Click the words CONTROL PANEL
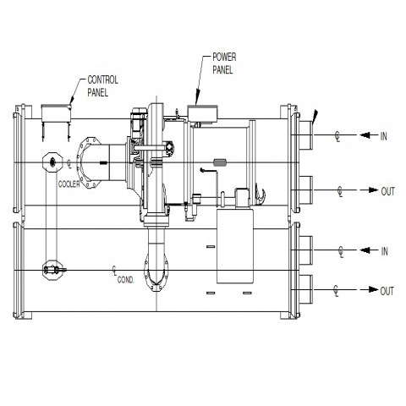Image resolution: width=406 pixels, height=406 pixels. [x=102, y=86]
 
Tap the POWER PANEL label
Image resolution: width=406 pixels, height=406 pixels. [x=224, y=63]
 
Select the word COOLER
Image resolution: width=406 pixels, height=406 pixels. [x=69, y=184]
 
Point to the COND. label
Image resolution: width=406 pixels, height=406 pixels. [x=126, y=280]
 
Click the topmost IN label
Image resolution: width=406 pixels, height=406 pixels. [x=384, y=136]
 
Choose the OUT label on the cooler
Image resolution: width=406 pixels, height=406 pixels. [x=388, y=191]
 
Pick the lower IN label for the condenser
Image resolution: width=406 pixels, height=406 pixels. [x=385, y=251]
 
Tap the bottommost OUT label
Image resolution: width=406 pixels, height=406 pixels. [x=387, y=291]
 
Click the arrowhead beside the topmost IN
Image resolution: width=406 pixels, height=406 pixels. [x=365, y=135]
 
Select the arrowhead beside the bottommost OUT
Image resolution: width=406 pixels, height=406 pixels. [x=374, y=289]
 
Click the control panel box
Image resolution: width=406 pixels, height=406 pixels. [x=56, y=113]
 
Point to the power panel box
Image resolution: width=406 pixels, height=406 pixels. [x=202, y=114]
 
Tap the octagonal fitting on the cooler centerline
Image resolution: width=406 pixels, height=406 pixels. [x=52, y=162]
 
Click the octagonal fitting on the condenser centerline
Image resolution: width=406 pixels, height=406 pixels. [x=52, y=270]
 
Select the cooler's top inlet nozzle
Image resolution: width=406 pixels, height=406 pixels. [x=306, y=135]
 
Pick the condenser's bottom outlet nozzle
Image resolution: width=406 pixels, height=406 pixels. [x=306, y=289]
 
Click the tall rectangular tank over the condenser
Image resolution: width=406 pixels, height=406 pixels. [x=235, y=246]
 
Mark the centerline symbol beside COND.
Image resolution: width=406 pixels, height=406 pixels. [x=115, y=270]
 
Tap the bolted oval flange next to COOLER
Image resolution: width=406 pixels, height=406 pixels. [x=89, y=162]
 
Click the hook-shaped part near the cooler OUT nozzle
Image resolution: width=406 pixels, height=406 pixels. [x=261, y=194]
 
